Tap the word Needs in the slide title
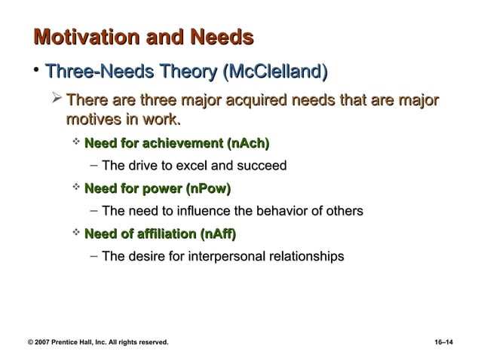(x=222, y=38)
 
